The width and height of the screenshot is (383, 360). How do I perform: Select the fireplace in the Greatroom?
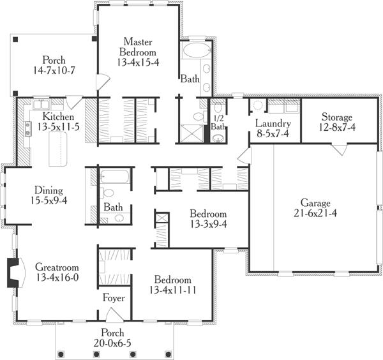(15, 269)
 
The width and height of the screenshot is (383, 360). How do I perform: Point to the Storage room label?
(336, 117)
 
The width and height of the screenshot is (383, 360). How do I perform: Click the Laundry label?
(273, 123)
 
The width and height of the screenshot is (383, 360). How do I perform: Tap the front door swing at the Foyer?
(112, 314)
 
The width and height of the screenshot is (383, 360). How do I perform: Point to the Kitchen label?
(58, 117)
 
